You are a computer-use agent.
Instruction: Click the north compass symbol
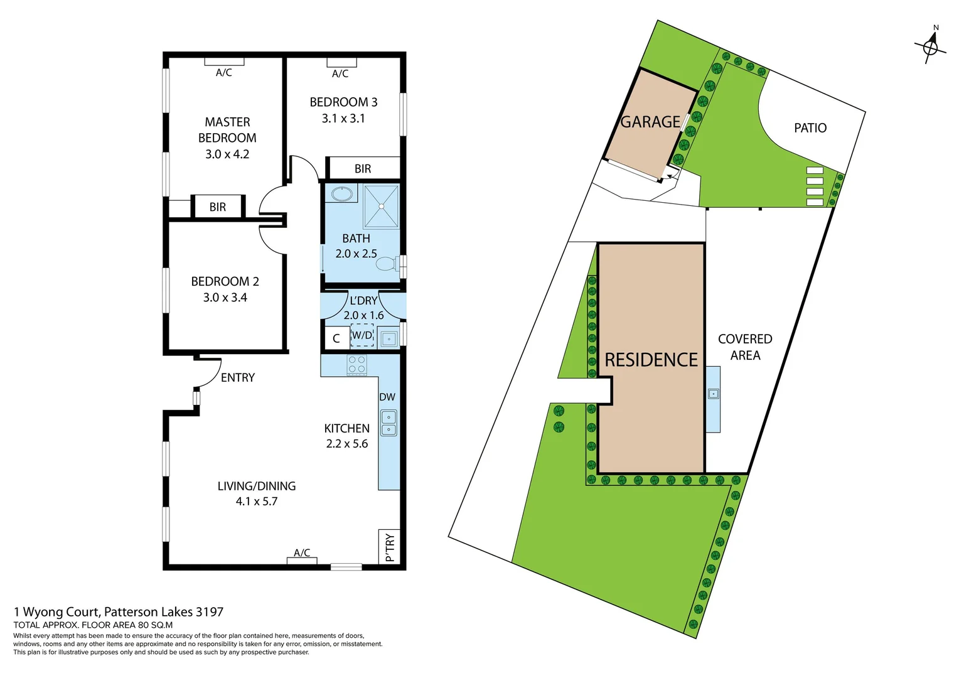coord(931,46)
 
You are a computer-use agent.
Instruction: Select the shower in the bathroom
coord(381,206)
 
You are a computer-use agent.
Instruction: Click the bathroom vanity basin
coord(342,193)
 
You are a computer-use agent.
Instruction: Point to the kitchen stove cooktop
coord(356,365)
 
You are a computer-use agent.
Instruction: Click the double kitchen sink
coord(388,423)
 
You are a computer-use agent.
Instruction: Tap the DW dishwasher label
coord(387,397)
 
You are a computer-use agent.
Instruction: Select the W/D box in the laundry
coord(362,335)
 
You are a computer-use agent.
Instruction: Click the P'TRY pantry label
coord(390,547)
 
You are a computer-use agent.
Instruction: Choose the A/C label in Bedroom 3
coord(340,73)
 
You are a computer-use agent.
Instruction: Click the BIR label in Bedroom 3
coord(363,169)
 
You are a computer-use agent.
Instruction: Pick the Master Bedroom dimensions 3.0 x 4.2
coord(227,154)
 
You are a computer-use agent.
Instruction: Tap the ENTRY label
coord(238,377)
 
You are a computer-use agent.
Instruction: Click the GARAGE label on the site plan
coord(650,122)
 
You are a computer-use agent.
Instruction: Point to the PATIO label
coord(810,128)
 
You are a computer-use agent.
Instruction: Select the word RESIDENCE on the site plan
coord(651,360)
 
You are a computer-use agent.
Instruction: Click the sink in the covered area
coord(713,394)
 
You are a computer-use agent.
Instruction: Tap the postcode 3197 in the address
coord(210,611)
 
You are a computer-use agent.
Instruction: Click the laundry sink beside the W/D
coord(389,339)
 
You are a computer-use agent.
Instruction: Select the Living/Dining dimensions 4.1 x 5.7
coord(257,502)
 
